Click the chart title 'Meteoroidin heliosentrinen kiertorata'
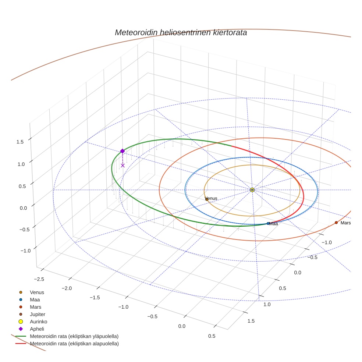181,32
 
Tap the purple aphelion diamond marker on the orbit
123,151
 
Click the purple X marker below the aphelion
123,166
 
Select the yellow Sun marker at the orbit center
252,190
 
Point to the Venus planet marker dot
206,199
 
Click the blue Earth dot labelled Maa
268,224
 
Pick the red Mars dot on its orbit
336,223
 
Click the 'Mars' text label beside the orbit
345,223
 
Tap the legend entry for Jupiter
38,314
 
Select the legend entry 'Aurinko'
39,322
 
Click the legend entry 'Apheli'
37,329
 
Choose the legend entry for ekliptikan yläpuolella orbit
74,336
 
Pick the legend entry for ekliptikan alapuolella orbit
74,344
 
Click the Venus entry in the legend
37,292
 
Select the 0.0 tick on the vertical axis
23,208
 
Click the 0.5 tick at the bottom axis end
212,336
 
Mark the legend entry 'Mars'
35,307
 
